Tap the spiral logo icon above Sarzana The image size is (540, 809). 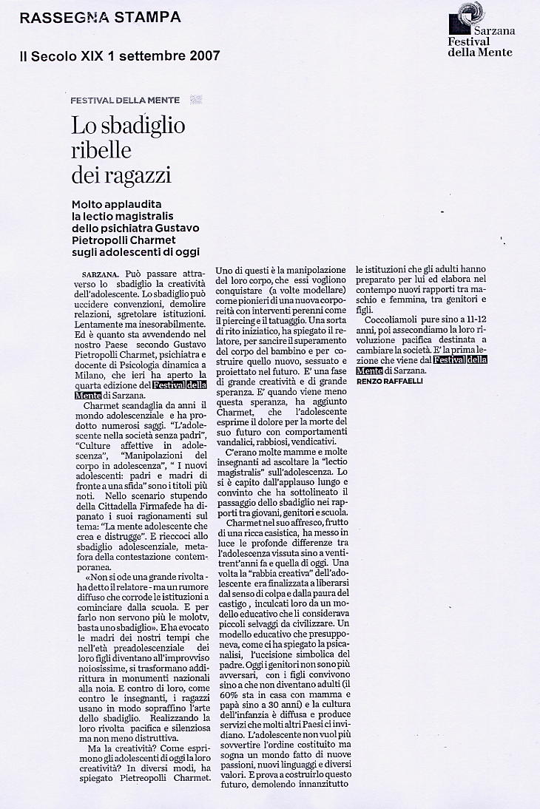tap(469, 13)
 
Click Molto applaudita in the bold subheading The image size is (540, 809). tap(122, 204)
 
